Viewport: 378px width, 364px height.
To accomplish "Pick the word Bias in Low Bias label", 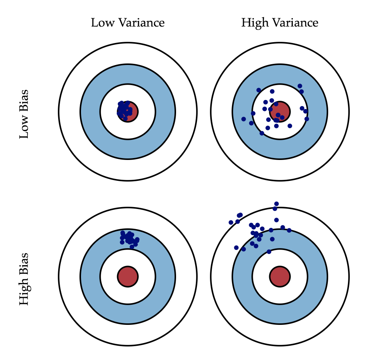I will [x=24, y=100].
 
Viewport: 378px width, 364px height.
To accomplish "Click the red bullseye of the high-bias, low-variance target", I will [x=127, y=276].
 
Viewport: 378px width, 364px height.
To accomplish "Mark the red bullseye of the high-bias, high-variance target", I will [x=280, y=276].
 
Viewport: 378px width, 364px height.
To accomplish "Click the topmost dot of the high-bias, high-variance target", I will [x=276, y=204].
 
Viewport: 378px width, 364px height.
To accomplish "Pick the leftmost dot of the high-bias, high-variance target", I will [x=231, y=222].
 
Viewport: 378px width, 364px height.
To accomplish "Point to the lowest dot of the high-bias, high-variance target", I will [x=269, y=252].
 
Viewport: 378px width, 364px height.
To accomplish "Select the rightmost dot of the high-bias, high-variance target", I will [x=289, y=230].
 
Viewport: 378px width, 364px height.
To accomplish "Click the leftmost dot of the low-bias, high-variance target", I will [x=243, y=119].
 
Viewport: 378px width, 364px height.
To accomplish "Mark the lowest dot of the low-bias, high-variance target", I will [x=262, y=133].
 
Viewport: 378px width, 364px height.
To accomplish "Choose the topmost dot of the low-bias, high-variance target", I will [x=300, y=86].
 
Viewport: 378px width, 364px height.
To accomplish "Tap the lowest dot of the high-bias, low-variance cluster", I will [x=132, y=247].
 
